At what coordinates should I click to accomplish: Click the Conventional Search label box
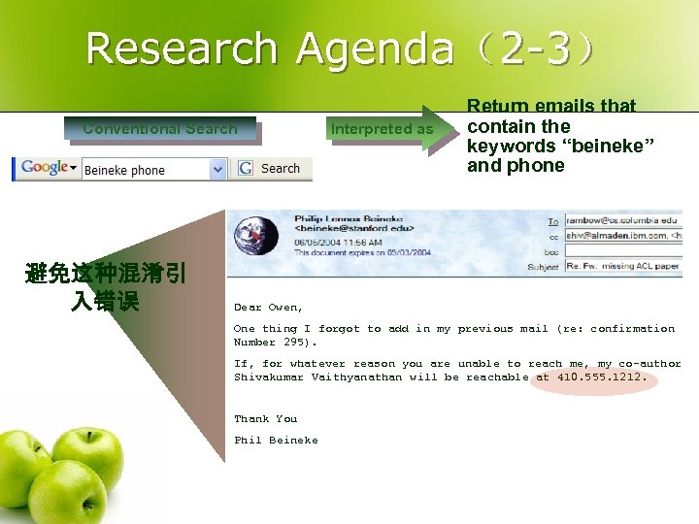pyautogui.click(x=160, y=128)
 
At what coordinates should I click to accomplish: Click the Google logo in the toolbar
pyautogui.click(x=45, y=168)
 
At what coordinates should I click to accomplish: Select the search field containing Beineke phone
pyautogui.click(x=146, y=170)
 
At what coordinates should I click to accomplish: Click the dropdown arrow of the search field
pyautogui.click(x=218, y=170)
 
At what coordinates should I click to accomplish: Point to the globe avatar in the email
pyautogui.click(x=250, y=233)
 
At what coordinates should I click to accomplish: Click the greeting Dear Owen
pyautogui.click(x=268, y=308)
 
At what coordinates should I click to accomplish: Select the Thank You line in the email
pyautogui.click(x=265, y=419)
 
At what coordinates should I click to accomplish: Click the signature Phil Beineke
pyautogui.click(x=275, y=441)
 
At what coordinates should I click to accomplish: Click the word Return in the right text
pyautogui.click(x=497, y=106)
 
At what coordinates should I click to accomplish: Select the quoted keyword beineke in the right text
pyautogui.click(x=609, y=146)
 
